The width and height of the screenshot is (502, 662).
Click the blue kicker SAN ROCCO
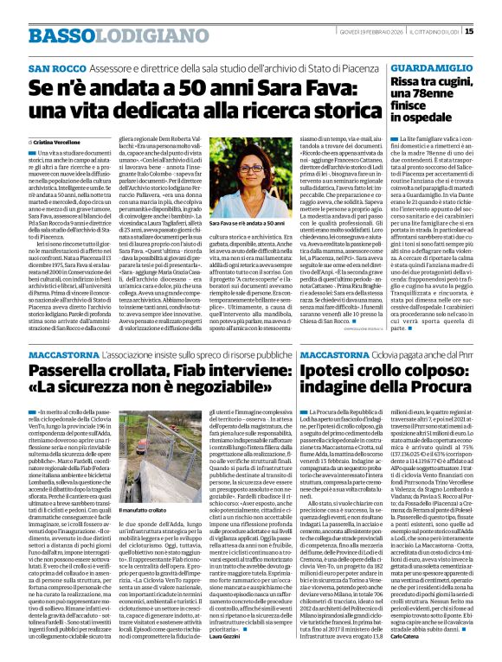point(55,67)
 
